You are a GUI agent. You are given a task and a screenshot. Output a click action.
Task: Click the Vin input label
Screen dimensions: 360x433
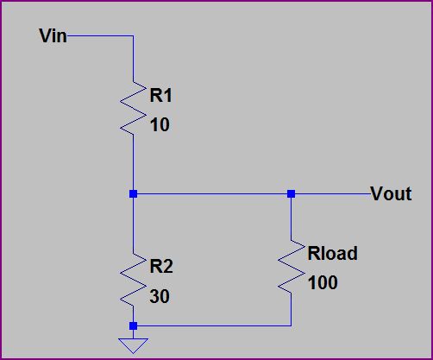[53, 36]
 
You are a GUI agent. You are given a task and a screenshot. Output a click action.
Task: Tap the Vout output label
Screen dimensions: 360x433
[391, 194]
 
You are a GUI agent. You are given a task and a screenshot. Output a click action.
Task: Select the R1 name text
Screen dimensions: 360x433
[161, 96]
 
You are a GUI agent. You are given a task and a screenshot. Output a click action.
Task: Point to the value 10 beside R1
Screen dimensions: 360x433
[159, 125]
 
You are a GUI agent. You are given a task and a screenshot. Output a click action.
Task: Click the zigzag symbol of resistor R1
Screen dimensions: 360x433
[133, 108]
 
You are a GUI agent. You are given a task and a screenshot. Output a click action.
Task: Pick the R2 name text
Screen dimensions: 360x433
[161, 267]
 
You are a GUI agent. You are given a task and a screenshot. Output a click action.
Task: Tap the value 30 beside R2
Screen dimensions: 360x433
[160, 296]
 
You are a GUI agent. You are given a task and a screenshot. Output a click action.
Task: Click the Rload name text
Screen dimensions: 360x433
[332, 253]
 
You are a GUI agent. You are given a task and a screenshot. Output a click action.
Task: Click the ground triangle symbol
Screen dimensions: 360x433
[133, 345]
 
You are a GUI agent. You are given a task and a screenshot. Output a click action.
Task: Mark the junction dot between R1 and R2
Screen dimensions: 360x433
[133, 194]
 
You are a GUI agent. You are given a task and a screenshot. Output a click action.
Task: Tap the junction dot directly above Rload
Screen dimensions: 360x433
[292, 194]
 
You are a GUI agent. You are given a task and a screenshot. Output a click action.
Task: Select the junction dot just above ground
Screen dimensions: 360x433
[133, 325]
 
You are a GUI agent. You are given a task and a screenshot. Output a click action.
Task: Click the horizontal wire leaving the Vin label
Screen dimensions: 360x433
[99, 36]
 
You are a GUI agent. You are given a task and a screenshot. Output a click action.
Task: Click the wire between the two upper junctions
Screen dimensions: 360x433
[212, 194]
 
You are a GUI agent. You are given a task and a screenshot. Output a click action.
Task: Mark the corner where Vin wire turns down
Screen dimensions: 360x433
[133, 36]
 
